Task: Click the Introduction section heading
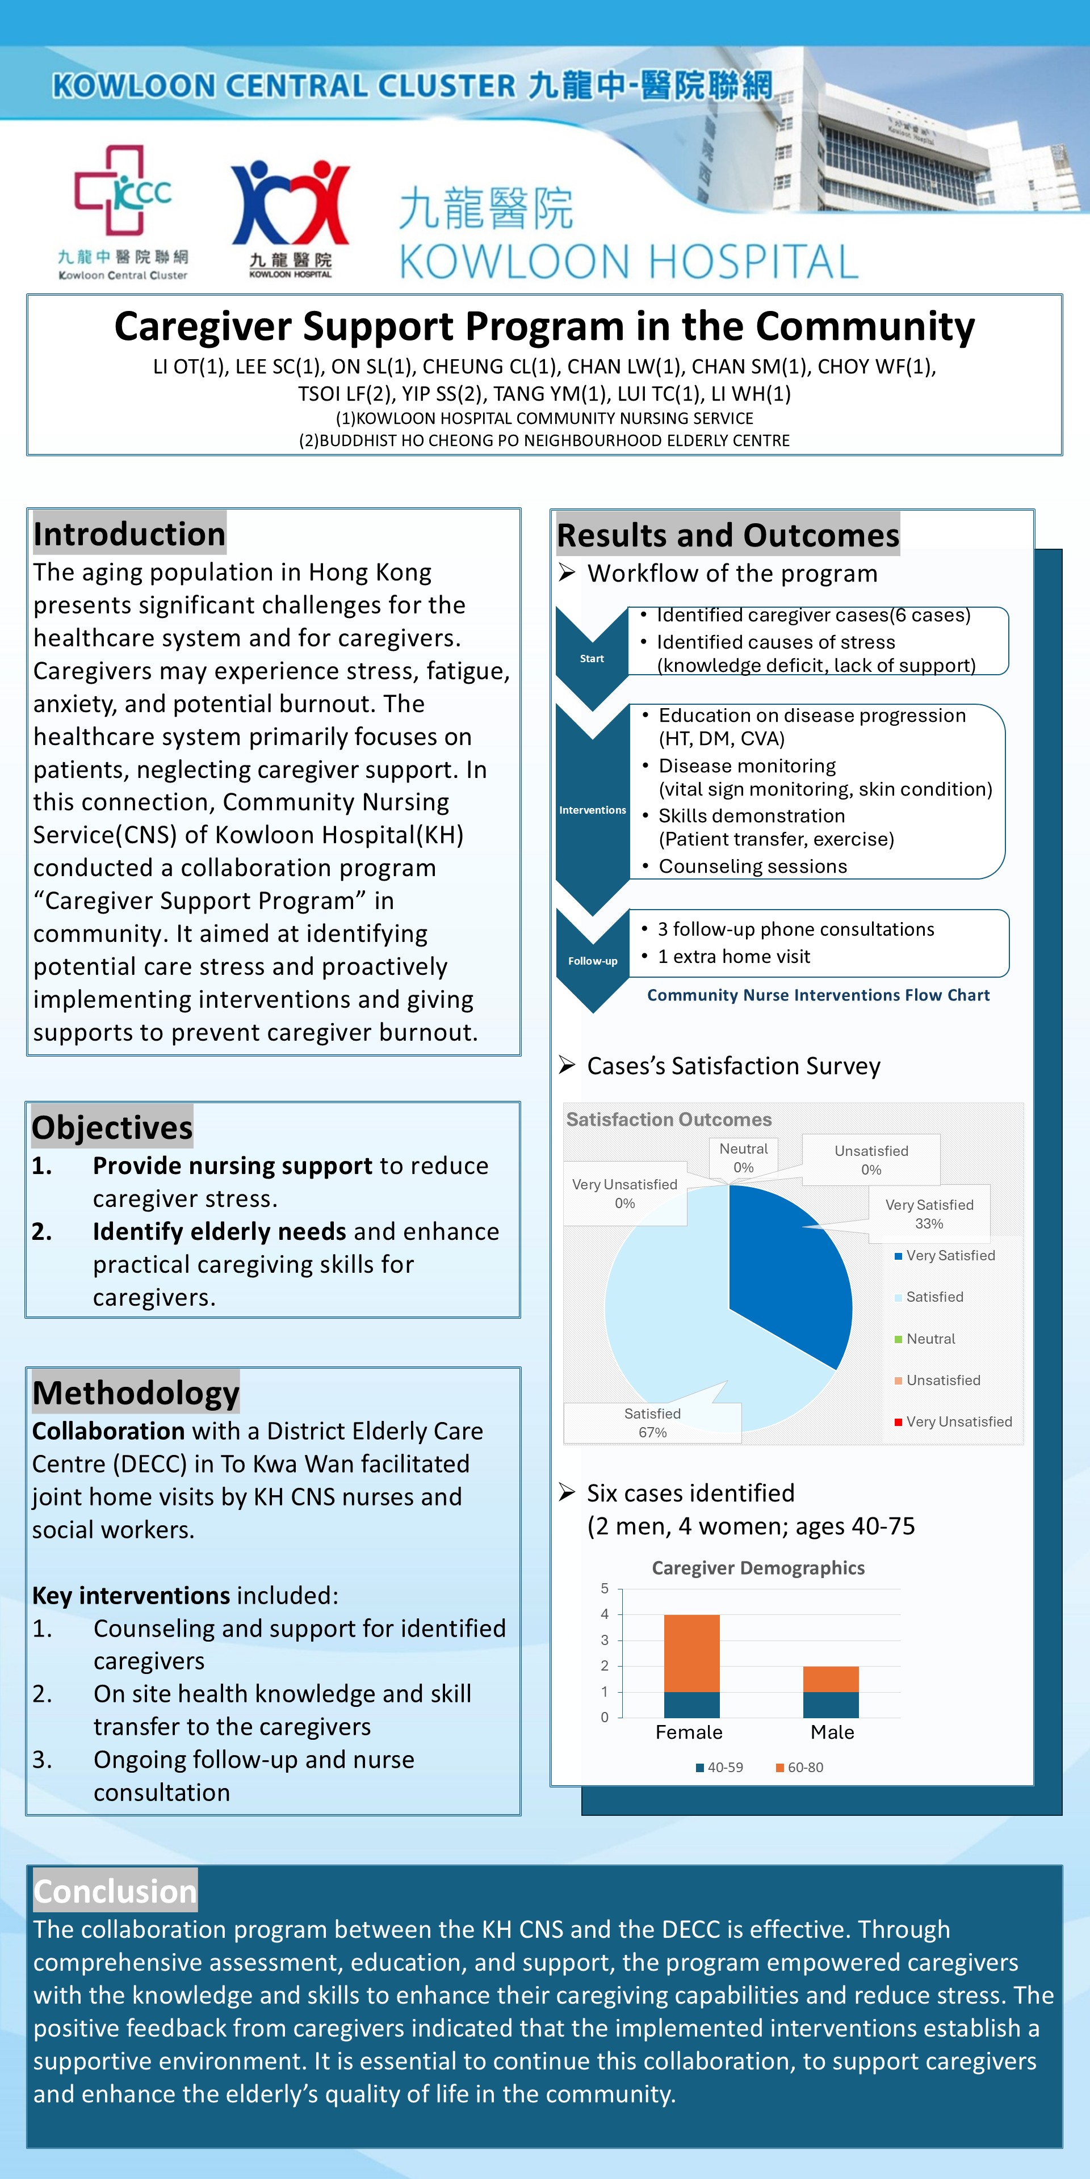click(129, 535)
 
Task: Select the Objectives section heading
click(112, 1128)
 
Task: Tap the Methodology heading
click(136, 1393)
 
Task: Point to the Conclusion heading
click(115, 1891)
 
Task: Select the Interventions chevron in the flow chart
click(592, 810)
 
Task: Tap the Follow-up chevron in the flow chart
click(592, 961)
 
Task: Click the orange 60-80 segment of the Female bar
click(691, 1653)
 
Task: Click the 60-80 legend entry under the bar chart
click(800, 1767)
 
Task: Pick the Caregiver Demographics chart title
click(758, 1567)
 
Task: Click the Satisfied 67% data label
click(652, 1423)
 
